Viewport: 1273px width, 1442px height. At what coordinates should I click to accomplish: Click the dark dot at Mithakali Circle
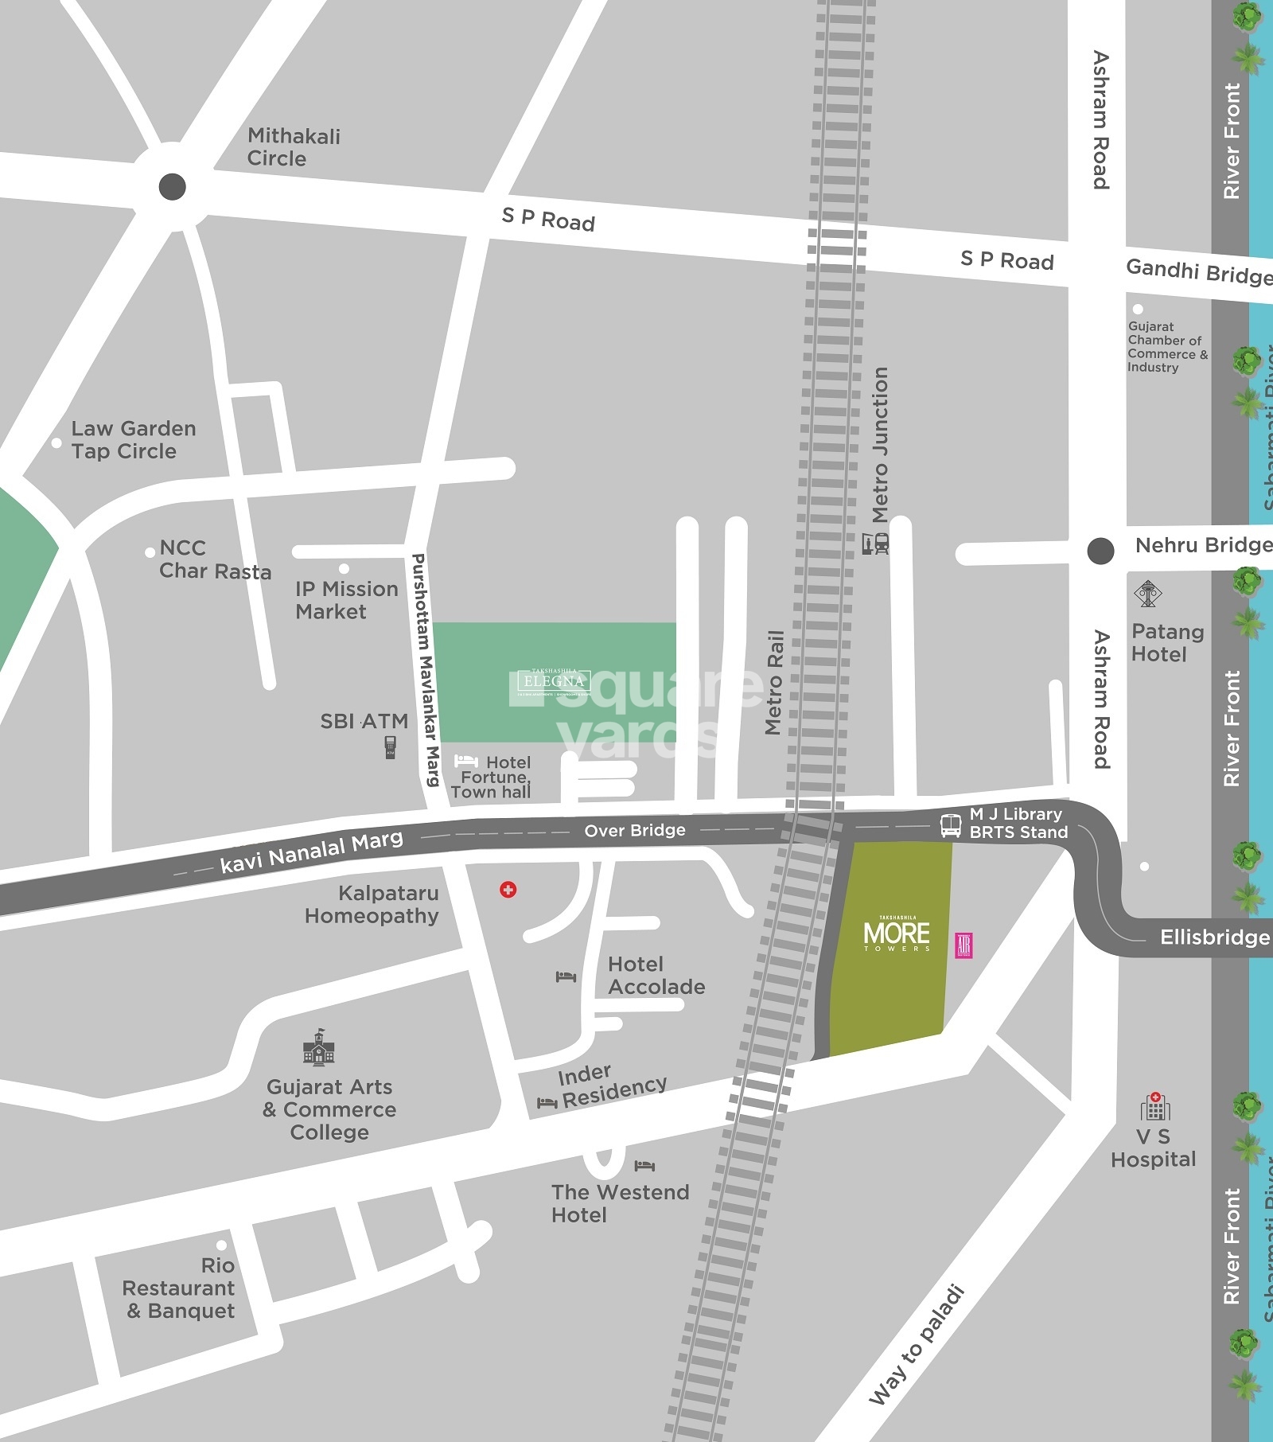click(173, 187)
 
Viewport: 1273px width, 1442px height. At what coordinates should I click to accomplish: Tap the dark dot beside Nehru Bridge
click(1100, 551)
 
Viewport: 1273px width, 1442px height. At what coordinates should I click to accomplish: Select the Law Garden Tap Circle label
click(133, 440)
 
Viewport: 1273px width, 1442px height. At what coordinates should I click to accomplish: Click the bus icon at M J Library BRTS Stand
click(950, 825)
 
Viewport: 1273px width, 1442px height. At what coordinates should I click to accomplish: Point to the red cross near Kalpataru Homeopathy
click(508, 890)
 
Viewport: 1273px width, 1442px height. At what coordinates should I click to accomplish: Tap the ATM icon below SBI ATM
click(390, 747)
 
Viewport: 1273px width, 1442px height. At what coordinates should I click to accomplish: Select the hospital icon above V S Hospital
click(1154, 1106)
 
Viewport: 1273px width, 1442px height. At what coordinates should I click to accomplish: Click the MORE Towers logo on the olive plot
click(897, 934)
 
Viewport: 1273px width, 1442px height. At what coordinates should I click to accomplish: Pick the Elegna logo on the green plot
click(554, 681)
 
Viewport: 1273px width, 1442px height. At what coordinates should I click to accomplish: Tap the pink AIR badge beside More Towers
click(964, 945)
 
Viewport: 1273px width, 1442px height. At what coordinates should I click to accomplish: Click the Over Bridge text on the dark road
click(634, 831)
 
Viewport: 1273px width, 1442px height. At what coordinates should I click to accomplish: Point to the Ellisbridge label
click(1214, 937)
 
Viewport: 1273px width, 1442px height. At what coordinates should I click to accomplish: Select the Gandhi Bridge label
click(1198, 272)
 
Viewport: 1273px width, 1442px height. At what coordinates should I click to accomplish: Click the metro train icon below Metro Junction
click(875, 544)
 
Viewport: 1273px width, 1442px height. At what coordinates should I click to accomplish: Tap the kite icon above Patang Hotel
click(1147, 594)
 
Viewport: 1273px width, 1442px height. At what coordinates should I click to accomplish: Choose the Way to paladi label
click(917, 1344)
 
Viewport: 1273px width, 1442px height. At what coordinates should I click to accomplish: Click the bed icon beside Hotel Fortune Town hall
click(465, 762)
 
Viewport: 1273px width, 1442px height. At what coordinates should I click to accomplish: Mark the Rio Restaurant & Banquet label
click(180, 1288)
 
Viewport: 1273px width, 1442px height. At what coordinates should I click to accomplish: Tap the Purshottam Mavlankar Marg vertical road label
click(424, 670)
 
